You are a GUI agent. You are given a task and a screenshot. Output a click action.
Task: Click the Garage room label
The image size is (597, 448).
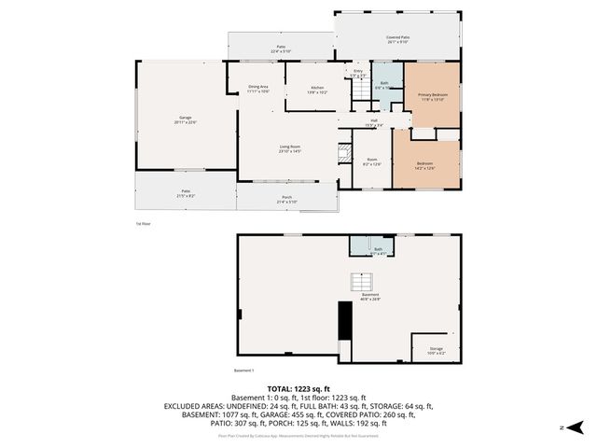[186, 119]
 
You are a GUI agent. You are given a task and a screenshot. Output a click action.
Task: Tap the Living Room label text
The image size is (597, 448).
[289, 148]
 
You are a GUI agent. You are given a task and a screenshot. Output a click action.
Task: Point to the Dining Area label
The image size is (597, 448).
[258, 89]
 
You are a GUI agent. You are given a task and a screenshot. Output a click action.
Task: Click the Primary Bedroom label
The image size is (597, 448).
[432, 97]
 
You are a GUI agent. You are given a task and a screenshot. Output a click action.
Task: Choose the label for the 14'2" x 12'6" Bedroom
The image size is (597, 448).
[424, 166]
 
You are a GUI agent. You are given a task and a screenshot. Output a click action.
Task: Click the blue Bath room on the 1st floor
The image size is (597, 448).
[384, 83]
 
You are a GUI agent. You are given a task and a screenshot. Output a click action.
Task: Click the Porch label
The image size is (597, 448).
[286, 199]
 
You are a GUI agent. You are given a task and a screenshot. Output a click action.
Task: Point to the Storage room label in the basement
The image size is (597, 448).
[437, 350]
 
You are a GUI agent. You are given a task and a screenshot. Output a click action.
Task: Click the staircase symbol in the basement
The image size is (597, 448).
[359, 281]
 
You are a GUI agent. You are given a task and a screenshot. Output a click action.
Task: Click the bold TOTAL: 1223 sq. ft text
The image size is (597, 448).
[298, 388]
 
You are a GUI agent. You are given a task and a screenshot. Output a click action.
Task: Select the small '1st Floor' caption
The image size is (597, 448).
[143, 224]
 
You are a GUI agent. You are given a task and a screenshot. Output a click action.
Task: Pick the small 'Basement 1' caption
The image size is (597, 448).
[243, 371]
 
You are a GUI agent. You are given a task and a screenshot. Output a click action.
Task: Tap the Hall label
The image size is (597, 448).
[373, 121]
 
